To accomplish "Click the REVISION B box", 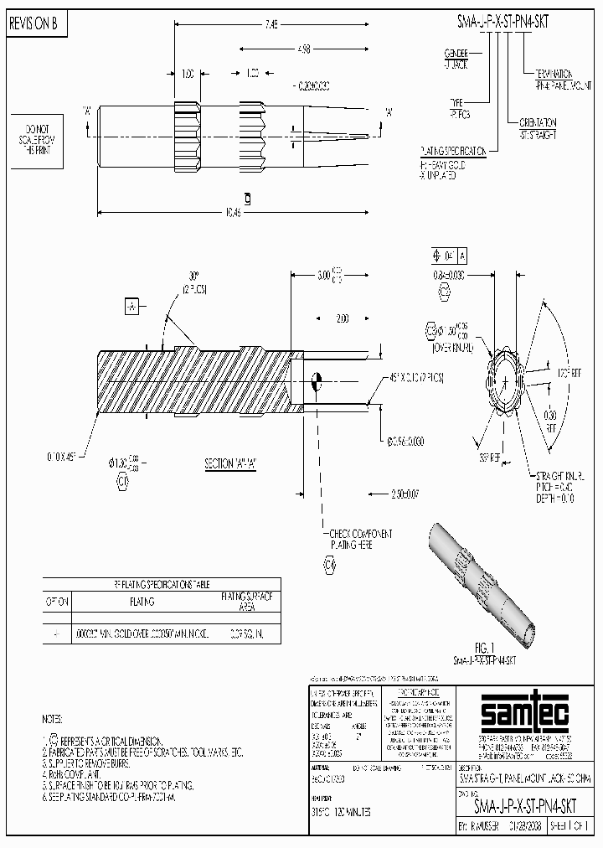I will click(34, 24).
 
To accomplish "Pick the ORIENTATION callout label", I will click(538, 127).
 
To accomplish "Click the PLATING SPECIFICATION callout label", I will click(452, 151).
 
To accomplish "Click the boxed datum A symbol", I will click(131, 307).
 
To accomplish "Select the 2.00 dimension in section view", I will click(341, 319).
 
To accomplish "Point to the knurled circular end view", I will click(507, 380).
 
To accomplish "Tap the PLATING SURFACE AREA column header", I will click(246, 601).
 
